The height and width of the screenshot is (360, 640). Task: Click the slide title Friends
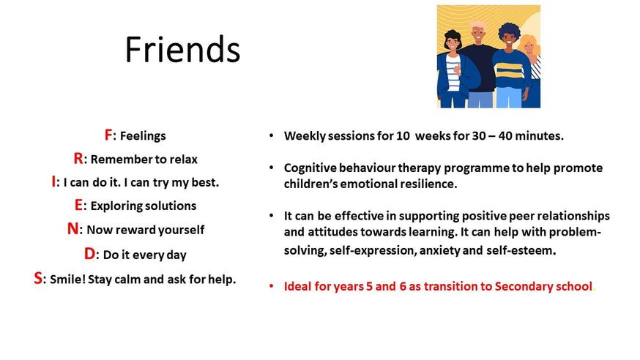coord(182,49)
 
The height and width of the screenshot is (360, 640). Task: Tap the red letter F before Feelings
coord(108,135)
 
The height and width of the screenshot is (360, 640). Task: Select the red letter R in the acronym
coord(78,158)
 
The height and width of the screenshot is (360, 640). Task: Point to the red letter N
coord(73,229)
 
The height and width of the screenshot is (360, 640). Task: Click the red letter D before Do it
coord(90,254)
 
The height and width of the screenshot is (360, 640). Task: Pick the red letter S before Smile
coord(38,279)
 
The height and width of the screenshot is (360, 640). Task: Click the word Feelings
coord(143,136)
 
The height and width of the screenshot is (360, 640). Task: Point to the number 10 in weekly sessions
coord(403,136)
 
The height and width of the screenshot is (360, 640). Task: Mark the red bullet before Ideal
coord(272,286)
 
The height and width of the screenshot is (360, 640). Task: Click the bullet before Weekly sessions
coord(272,136)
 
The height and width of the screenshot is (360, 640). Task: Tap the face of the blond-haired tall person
coord(477,34)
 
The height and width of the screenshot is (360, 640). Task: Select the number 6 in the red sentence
coord(403,286)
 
